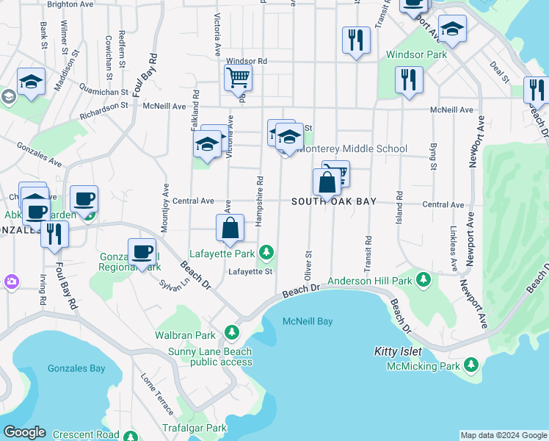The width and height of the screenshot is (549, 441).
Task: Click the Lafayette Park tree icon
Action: [266, 254]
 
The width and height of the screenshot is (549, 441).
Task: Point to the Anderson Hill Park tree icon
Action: [423, 280]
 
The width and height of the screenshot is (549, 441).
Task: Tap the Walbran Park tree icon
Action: [232, 333]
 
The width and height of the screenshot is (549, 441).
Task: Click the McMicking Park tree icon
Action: [470, 365]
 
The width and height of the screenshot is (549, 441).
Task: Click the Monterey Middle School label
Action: [351, 149]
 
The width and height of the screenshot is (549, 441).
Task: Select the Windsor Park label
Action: [417, 55]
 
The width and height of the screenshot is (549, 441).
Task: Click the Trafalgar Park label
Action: [195, 428]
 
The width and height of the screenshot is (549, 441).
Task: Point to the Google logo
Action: [24, 432]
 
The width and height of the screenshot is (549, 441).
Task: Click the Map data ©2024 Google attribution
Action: [503, 435]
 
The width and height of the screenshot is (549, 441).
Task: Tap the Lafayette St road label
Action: [250, 271]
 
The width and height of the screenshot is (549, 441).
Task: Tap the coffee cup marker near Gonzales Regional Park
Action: [141, 251]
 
